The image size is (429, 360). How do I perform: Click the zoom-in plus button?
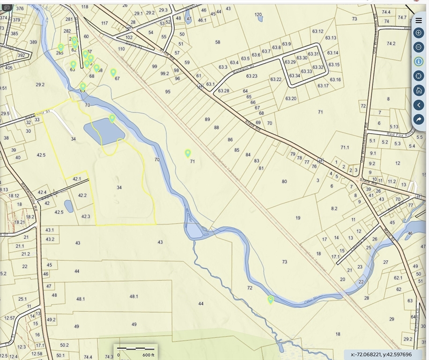(x=419, y=33)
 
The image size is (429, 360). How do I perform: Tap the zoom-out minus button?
(x=419, y=47)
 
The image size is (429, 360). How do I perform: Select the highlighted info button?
(x=419, y=61)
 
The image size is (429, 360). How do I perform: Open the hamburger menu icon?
(x=419, y=20)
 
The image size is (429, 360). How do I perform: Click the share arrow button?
(x=419, y=120)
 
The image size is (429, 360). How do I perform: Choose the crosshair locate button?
(x=419, y=76)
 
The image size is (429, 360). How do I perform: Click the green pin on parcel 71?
(x=188, y=153)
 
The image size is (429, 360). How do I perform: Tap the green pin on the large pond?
(x=112, y=118)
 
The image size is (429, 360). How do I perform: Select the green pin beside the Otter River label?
(x=270, y=299)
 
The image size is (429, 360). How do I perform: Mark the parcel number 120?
(x=258, y=15)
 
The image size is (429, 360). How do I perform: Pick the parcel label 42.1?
(x=77, y=179)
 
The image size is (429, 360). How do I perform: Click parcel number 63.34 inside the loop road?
(x=295, y=76)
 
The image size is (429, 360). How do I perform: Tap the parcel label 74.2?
(x=391, y=44)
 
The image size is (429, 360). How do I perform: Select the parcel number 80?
(x=284, y=181)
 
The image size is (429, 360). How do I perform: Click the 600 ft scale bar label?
(x=148, y=355)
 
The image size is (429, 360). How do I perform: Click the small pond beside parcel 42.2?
(x=69, y=206)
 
